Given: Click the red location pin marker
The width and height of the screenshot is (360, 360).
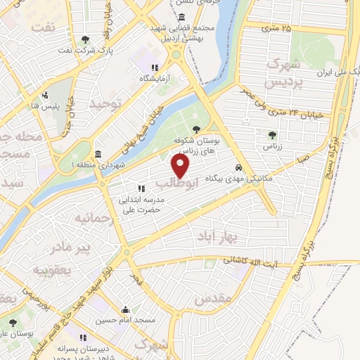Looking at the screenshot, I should tap(181, 166).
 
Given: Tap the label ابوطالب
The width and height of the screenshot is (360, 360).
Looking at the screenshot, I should tap(172, 184).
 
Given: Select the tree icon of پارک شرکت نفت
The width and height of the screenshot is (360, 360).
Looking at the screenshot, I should tap(85, 40).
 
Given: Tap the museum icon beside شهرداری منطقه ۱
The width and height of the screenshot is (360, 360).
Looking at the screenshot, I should tap(97, 153).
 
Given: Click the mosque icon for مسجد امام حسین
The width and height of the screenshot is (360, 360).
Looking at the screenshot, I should tap(125, 309).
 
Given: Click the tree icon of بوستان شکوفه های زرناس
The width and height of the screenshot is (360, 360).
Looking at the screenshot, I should tap(195, 129).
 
